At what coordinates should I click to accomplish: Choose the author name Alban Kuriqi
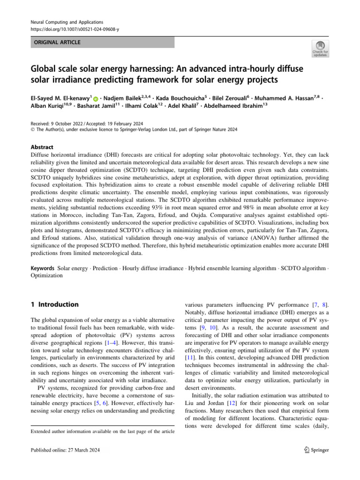(x=45, y=108)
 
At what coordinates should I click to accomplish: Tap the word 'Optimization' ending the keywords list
(x=46, y=276)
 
